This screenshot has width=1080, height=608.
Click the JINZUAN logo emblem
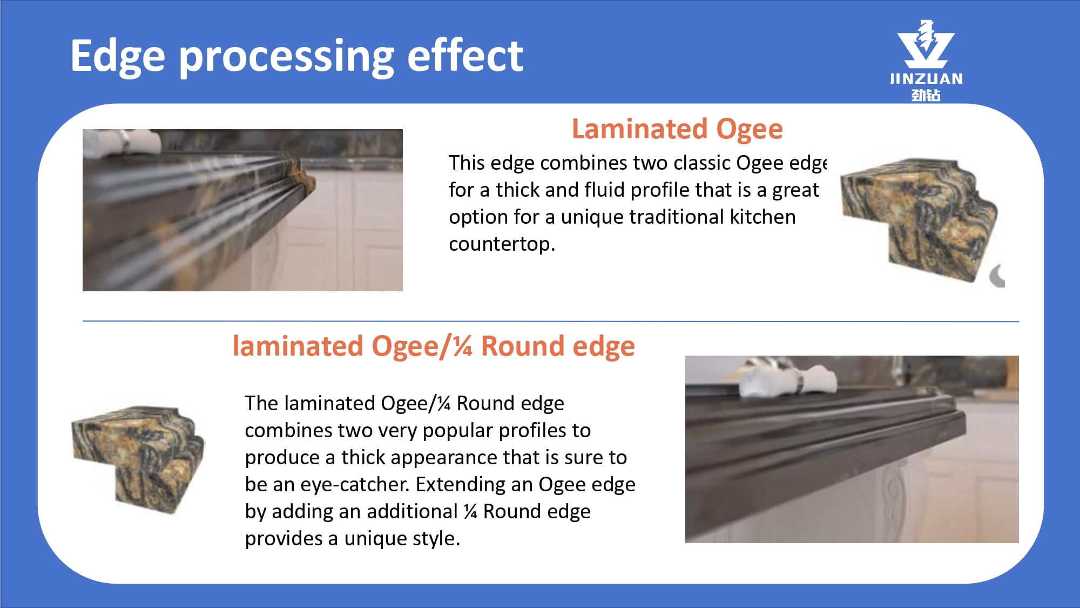point(926,44)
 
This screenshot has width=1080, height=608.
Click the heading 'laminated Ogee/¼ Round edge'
point(434,347)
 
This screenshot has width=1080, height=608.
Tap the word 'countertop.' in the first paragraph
point(502,245)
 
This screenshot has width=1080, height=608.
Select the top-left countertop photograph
point(242,210)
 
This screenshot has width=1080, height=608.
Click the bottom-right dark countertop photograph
point(852,449)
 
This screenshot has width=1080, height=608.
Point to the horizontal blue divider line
point(551,322)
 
